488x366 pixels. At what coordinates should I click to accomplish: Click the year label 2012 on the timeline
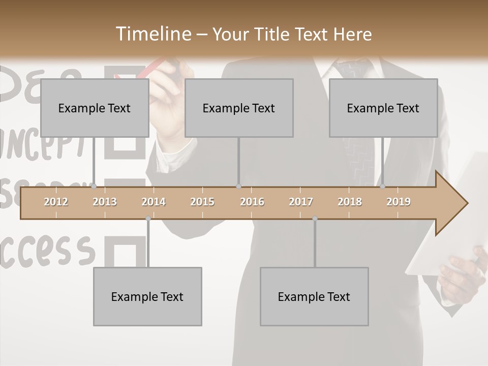coord(56,202)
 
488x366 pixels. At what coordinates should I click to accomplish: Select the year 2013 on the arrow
coord(105,202)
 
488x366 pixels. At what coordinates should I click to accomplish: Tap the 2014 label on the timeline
coord(154,202)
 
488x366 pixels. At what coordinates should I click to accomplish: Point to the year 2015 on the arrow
coord(202,202)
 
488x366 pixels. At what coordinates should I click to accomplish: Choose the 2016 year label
coord(252,202)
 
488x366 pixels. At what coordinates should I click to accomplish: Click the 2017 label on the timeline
coord(301,202)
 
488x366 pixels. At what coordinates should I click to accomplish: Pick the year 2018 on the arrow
coord(350,202)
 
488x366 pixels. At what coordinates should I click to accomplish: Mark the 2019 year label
coord(399,202)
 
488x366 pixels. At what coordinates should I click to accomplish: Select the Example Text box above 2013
coord(95,108)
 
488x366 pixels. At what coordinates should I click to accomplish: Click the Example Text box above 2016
coord(239,108)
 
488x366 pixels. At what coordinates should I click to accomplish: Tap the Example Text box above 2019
coord(383,108)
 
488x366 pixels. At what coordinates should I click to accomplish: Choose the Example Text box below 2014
coord(147,296)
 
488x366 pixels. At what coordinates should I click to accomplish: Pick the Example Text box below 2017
coord(314,296)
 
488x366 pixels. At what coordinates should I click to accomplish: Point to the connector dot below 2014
coord(148,218)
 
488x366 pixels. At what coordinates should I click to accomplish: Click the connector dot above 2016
coord(238,186)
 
